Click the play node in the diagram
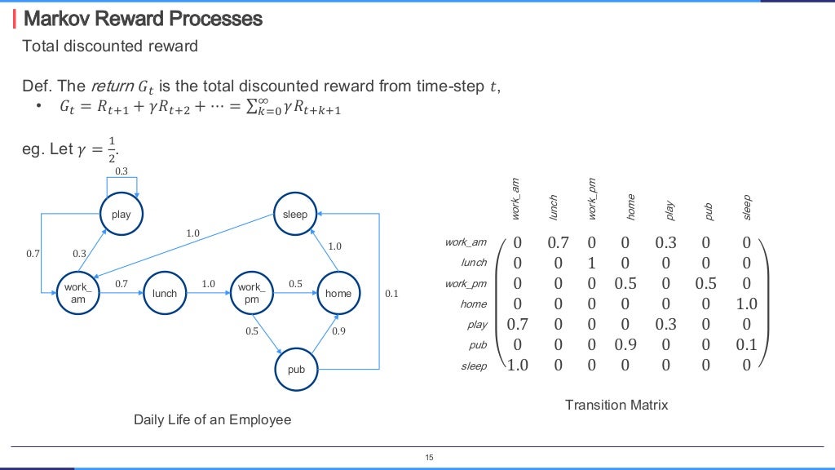click(x=121, y=215)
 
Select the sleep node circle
click(x=294, y=215)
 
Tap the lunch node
click(x=164, y=293)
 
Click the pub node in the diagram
click(x=296, y=370)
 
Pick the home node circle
click(x=338, y=293)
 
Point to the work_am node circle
click(x=78, y=293)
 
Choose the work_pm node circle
click(x=251, y=293)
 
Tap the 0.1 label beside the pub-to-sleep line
click(x=391, y=294)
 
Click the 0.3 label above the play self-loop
click(x=121, y=171)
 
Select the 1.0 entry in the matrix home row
click(x=746, y=304)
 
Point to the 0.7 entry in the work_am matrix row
click(x=557, y=242)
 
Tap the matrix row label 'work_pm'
click(x=466, y=283)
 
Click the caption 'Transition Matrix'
click(x=616, y=405)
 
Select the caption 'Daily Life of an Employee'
click(x=212, y=419)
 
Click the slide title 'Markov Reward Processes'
click(x=144, y=18)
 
